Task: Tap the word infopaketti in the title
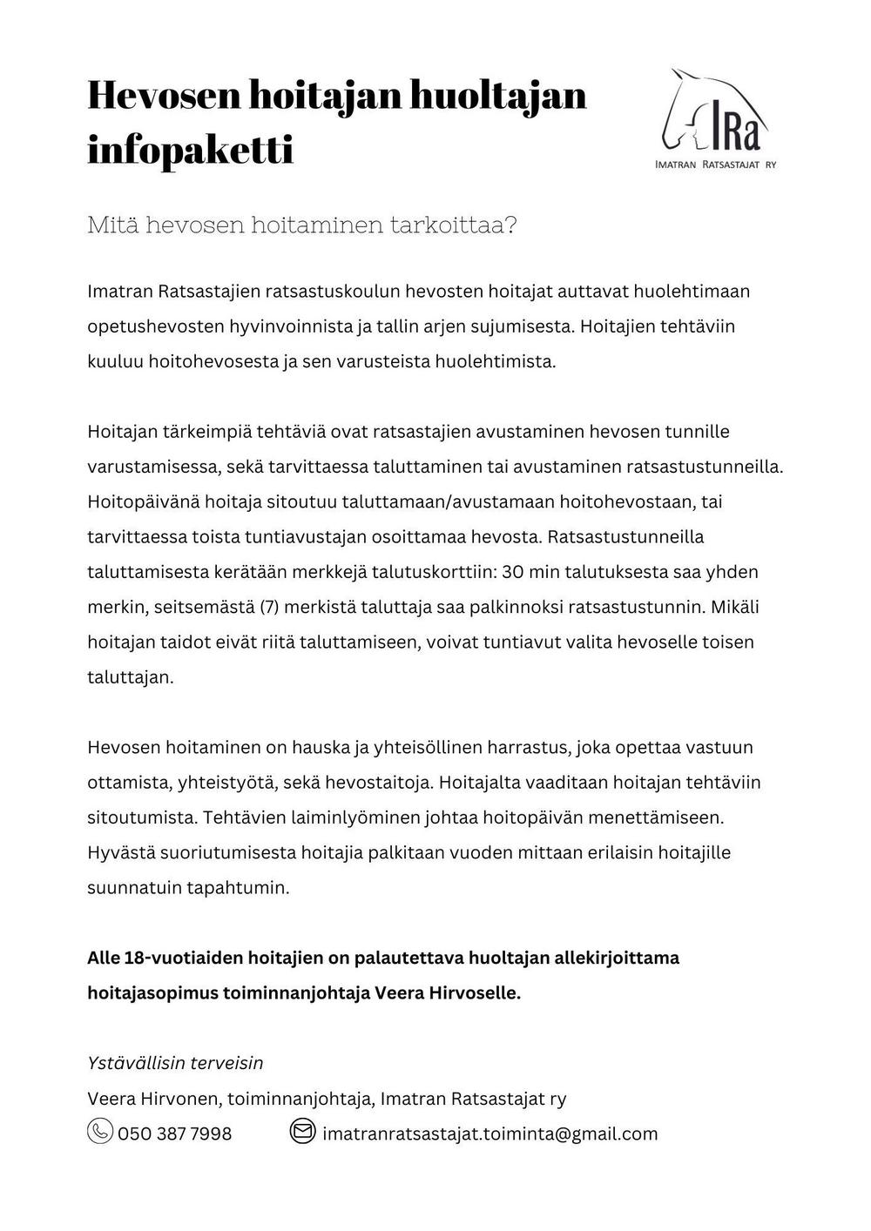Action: [x=190, y=150]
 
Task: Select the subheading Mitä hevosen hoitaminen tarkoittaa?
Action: [x=302, y=225]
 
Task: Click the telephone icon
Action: [x=100, y=1132]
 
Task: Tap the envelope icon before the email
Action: [x=301, y=1132]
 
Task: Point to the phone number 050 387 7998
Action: [x=175, y=1133]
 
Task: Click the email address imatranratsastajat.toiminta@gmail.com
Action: [x=490, y=1133]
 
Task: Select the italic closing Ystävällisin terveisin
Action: [x=175, y=1063]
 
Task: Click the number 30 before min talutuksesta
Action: [x=514, y=572]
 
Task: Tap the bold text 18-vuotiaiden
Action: [x=185, y=958]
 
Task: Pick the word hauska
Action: [x=321, y=747]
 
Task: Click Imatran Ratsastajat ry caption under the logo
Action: [x=715, y=164]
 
